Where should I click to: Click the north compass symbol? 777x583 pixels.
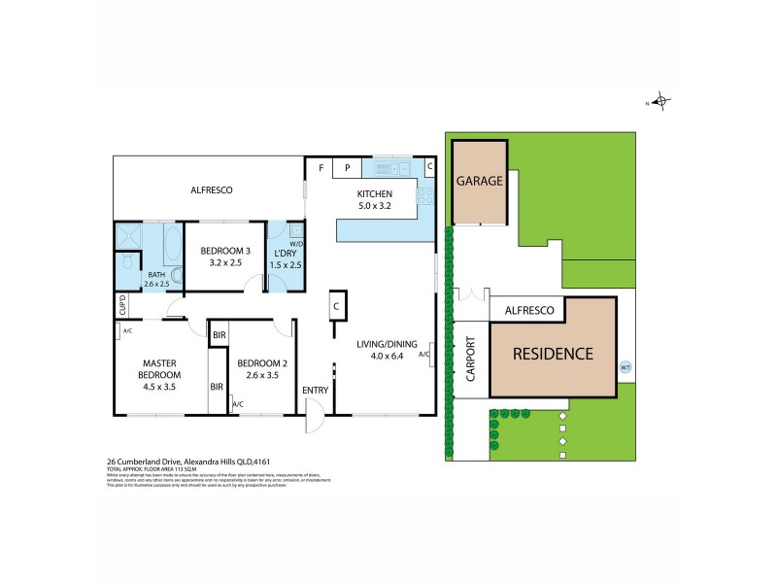(660, 101)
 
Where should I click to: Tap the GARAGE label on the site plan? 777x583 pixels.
(480, 181)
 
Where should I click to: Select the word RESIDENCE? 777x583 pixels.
(552, 354)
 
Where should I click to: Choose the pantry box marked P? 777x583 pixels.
(347, 168)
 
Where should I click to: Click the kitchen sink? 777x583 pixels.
(385, 170)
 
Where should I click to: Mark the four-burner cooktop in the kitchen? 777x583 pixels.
(424, 198)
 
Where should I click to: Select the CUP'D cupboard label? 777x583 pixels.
(122, 305)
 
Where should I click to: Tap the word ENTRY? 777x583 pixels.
(315, 391)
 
